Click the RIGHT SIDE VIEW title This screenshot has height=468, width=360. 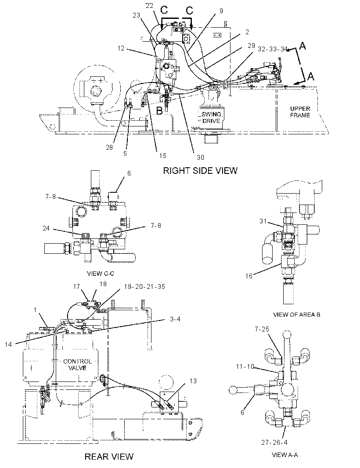coord(200,170)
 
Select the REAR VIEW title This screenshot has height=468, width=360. coord(109,456)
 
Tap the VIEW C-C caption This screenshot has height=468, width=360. coord(100,274)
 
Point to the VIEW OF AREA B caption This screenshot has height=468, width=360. coord(297,314)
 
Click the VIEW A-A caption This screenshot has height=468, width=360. coord(284,455)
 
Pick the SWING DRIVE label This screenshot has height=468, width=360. coord(211,118)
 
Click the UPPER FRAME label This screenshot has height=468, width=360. coord(300,112)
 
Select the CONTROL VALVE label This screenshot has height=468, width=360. coord(78,364)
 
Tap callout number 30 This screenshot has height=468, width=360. coord(200,157)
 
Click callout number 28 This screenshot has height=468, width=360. coord(110,147)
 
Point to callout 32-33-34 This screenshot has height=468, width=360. coord(272,49)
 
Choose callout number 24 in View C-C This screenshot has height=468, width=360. coord(46,228)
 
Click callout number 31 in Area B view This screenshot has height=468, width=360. coord(263,221)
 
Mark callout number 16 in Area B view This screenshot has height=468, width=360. coord(249,276)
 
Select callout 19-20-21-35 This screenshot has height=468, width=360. coord(144,287)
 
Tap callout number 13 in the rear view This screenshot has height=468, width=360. coord(193,381)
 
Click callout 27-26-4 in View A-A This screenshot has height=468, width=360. coord(274,443)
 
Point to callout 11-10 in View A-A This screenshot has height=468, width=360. coord(245,366)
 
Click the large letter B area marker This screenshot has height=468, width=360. coord(160,111)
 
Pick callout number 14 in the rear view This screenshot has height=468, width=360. coord(8,345)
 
